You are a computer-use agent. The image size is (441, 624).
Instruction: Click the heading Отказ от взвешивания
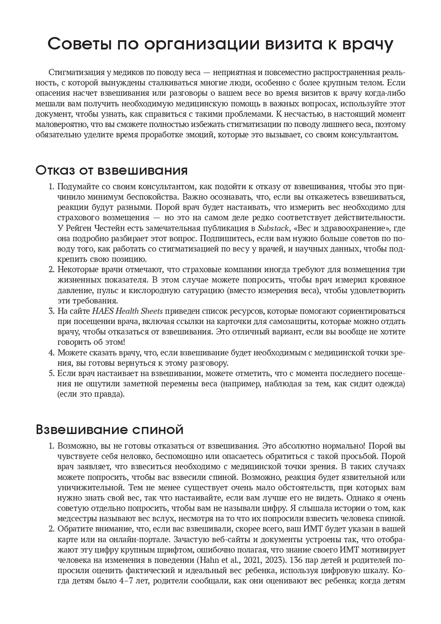(x=112, y=170)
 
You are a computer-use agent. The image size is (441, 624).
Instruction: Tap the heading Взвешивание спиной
(x=109, y=429)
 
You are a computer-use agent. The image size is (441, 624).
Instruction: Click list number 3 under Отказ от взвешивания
(x=51, y=311)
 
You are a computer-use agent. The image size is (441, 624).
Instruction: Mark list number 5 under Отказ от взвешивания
(x=51, y=374)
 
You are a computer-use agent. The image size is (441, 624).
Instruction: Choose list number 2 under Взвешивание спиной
(x=51, y=529)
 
